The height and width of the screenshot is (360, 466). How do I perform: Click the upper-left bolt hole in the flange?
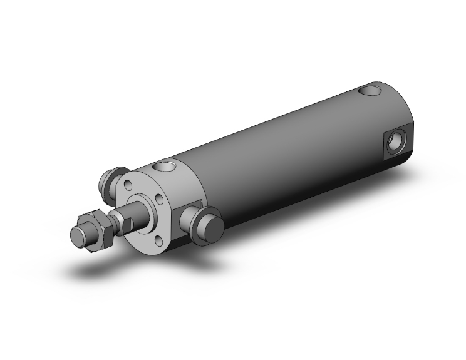pyautogui.click(x=128, y=185)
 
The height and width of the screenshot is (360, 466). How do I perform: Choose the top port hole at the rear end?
pyautogui.click(x=372, y=91)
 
